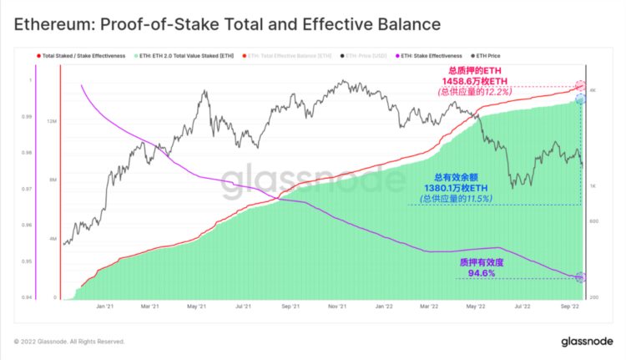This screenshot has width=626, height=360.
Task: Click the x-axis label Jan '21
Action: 105,306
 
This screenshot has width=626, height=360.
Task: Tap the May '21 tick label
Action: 197,306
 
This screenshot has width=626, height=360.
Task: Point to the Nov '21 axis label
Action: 337,306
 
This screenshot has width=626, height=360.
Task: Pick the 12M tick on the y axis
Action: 52,121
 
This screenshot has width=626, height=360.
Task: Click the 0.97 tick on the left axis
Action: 27,189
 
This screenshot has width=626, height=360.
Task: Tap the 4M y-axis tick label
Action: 52,240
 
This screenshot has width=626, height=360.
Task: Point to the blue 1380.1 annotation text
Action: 460,188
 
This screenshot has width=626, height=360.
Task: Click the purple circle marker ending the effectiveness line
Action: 580,277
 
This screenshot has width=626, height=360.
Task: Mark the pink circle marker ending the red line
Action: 581,86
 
